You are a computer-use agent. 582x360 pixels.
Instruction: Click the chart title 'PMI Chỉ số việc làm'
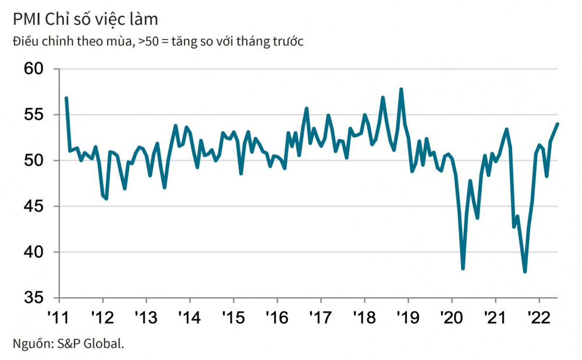[86, 19]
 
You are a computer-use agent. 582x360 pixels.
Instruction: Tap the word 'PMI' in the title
[27, 19]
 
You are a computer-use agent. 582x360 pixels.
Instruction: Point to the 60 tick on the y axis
[34, 69]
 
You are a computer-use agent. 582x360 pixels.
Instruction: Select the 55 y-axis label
[34, 115]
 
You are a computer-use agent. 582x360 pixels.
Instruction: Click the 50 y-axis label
[34, 161]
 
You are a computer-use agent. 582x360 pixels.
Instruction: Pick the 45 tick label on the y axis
[34, 206]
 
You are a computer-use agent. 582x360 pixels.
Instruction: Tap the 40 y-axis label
[34, 252]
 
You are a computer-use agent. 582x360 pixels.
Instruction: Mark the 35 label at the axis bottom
[34, 298]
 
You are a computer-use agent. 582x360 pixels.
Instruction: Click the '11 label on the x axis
[59, 318]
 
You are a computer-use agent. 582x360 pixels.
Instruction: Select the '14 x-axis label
[189, 318]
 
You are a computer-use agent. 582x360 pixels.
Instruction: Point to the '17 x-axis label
[320, 318]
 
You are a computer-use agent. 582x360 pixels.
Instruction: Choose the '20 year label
[452, 318]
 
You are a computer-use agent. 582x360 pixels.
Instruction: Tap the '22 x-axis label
[538, 318]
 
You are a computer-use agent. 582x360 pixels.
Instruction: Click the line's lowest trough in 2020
[463, 269]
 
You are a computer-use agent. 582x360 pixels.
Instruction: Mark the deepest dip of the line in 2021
[525, 272]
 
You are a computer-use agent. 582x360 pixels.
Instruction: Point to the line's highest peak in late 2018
[401, 89]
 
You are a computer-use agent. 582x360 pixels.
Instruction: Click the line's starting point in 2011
[66, 98]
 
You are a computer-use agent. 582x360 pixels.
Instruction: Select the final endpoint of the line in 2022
[558, 124]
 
